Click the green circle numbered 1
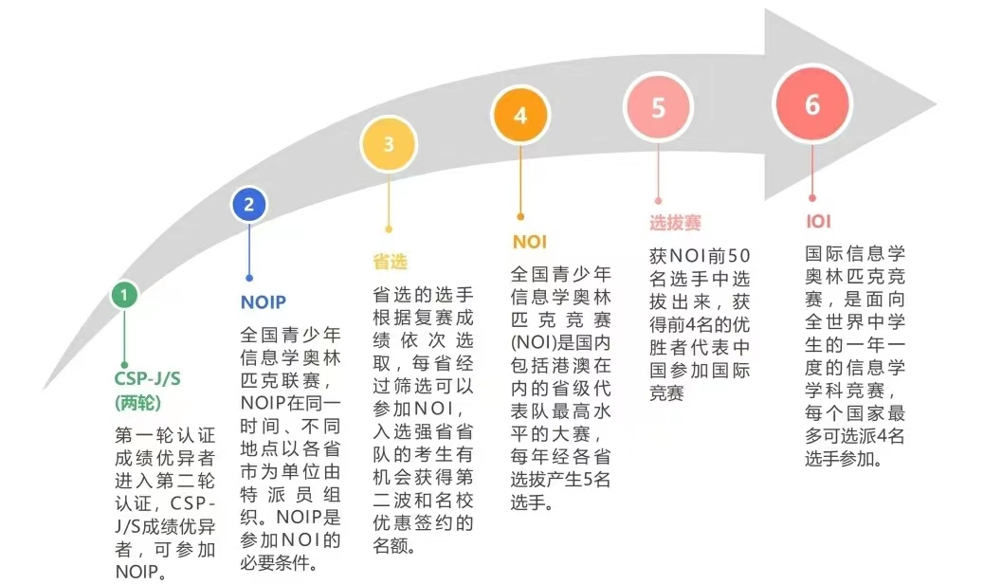click(124, 296)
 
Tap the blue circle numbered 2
click(249, 204)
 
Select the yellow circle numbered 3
click(389, 144)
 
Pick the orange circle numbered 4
click(519, 116)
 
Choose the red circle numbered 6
click(812, 104)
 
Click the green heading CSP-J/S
click(148, 379)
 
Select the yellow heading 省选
click(390, 261)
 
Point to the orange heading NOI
click(529, 242)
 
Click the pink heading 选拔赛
click(675, 223)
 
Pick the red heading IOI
click(818, 223)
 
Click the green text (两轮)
click(140, 402)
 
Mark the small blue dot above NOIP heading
click(249, 279)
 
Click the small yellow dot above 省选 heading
click(389, 228)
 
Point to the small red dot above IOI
click(812, 198)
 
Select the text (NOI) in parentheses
click(538, 342)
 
